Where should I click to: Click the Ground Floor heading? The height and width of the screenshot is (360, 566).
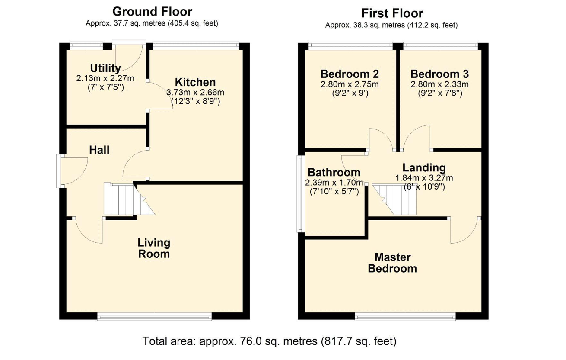coord(152,12)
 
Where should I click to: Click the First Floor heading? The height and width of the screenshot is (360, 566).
coord(392,13)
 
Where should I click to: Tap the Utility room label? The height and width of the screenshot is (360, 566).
coord(105,68)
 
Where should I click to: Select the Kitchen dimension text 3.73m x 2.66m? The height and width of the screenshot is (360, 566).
coord(195,92)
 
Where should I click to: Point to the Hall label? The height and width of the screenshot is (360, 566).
coord(99,150)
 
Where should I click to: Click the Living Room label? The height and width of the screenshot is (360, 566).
coord(154,248)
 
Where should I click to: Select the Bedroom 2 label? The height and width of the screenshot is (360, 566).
coord(350,74)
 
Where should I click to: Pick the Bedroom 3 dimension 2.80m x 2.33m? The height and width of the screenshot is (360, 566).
coord(440,84)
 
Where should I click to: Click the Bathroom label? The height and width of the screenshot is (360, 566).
coord(334,172)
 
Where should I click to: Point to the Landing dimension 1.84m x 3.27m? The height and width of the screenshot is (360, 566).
coord(424,178)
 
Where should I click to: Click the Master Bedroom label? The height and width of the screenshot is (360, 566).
coord(392,263)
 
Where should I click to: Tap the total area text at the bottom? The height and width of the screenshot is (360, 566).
coord(269,341)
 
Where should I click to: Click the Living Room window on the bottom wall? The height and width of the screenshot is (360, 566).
coord(154,316)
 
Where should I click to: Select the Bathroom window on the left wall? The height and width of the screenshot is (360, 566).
coord(300,194)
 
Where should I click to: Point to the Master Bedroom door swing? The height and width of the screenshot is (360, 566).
coord(465,231)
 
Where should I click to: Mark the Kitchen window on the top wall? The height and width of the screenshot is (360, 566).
coord(196,46)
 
